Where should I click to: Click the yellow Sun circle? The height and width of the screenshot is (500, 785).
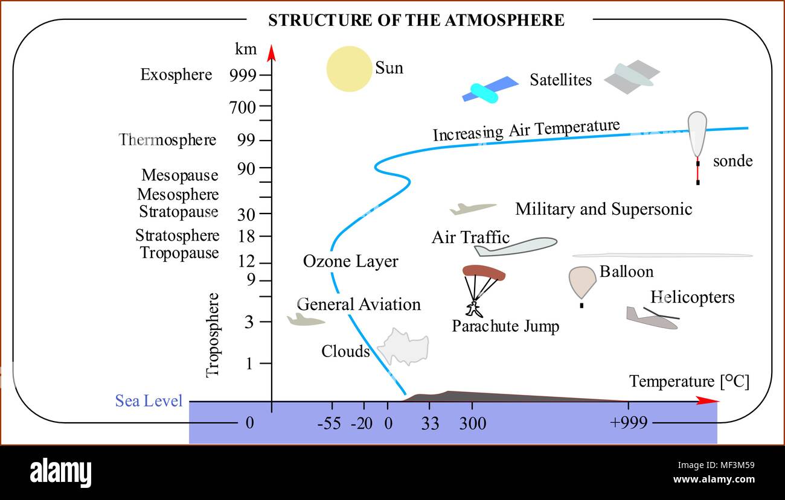350,69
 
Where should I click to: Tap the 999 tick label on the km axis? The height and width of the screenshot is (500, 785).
243,75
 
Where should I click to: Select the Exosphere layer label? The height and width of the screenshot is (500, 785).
176,75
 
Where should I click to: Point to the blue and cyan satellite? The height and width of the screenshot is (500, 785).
490,89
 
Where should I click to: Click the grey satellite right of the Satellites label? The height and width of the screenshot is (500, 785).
632,77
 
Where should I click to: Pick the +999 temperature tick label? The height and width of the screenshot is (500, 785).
629,423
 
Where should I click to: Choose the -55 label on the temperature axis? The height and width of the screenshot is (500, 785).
329,423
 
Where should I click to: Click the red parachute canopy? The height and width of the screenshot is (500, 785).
484,273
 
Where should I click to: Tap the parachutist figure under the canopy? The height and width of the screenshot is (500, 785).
473,309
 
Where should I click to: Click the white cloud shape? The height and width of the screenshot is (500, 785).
403,347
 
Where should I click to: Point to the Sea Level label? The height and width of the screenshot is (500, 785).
149,400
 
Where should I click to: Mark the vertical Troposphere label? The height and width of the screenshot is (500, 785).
213,335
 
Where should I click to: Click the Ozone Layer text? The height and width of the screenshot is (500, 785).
351,262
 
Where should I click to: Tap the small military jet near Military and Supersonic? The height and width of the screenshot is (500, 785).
473,209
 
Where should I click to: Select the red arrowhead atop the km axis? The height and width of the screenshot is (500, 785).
271,53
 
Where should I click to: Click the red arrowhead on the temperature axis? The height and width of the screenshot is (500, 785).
707,401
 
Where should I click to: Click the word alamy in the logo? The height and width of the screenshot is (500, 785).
60,472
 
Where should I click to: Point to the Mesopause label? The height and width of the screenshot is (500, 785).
180,175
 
